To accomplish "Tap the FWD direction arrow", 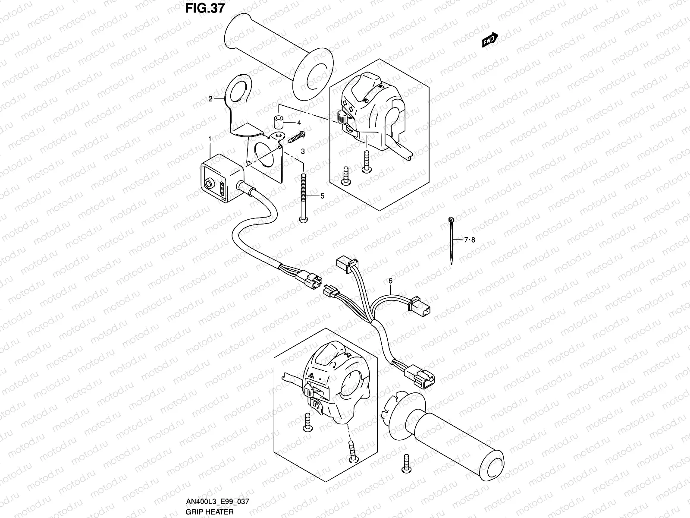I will click(490, 40).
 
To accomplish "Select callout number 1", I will click(210, 139).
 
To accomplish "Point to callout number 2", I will click(210, 99).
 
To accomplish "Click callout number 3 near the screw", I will click(303, 151).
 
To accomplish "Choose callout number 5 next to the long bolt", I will click(322, 196).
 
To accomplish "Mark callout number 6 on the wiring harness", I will click(390, 281).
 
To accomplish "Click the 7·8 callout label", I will click(469, 240).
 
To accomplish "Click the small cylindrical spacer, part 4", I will click(279, 122).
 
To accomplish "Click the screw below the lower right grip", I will click(406, 462).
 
